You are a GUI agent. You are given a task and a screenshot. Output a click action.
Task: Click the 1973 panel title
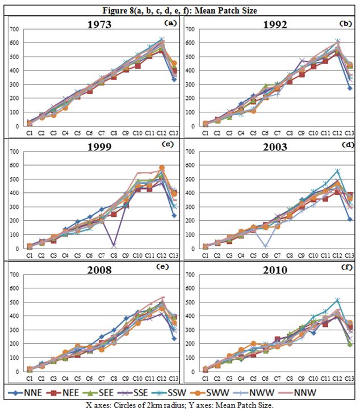pyautogui.click(x=98, y=26)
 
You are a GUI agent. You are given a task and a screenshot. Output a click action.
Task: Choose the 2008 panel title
pyautogui.click(x=98, y=270)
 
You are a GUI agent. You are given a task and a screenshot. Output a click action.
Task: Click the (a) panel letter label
pyautogui.click(x=170, y=23)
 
